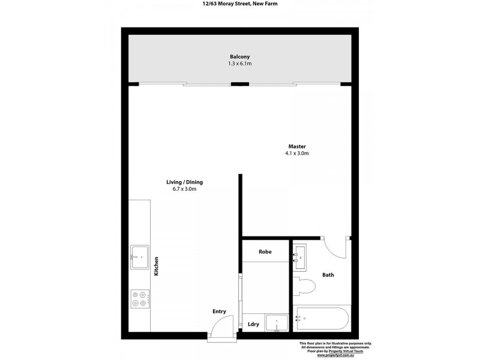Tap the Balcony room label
click(x=239, y=57)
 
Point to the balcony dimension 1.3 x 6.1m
click(x=239, y=64)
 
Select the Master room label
click(x=297, y=146)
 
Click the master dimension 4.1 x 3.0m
click(x=297, y=154)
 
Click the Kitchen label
click(x=156, y=266)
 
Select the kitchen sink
click(x=140, y=257)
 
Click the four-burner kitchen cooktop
click(x=140, y=298)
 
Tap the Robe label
click(x=265, y=252)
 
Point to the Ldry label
click(x=253, y=324)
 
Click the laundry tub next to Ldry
click(x=277, y=323)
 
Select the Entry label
click(x=219, y=311)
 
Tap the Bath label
click(x=328, y=275)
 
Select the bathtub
click(x=321, y=319)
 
